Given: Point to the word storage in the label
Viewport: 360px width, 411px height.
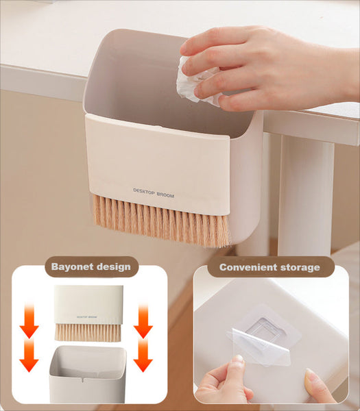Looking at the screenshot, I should pyautogui.click(x=298, y=267).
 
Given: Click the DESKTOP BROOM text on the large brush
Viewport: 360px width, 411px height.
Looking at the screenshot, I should pyautogui.click(x=154, y=195).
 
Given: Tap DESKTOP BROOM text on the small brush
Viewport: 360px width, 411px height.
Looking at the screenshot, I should pyautogui.click(x=88, y=317).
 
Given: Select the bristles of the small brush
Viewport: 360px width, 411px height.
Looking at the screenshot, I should pyautogui.click(x=88, y=332).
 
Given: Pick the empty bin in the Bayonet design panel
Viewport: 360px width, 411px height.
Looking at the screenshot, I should pyautogui.click(x=88, y=373).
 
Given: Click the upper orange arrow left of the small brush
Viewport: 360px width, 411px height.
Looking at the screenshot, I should pyautogui.click(x=29, y=321).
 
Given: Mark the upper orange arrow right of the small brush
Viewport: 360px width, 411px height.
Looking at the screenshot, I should pyautogui.click(x=143, y=321).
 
